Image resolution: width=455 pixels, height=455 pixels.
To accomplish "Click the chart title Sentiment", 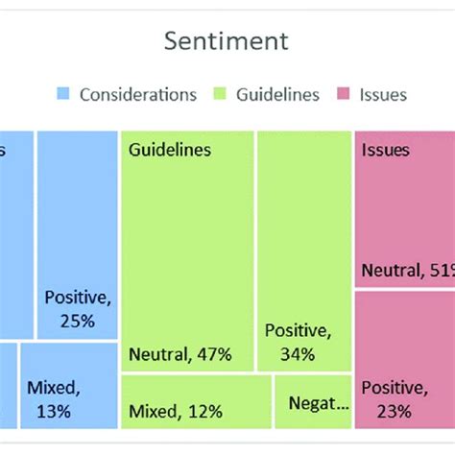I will (227, 41).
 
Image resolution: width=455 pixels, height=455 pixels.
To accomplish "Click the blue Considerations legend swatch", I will (63, 94).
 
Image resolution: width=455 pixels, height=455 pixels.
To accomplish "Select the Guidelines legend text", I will (279, 94).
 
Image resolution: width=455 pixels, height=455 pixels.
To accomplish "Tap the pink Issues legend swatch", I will (343, 94).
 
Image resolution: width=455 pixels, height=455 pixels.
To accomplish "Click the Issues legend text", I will (382, 94).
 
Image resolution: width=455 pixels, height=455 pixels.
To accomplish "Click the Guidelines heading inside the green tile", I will (170, 150).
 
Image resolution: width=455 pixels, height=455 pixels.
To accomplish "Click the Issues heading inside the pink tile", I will (385, 150).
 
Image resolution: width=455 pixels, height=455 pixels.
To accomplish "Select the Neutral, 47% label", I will (180, 354).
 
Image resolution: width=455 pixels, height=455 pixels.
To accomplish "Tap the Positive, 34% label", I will (298, 343).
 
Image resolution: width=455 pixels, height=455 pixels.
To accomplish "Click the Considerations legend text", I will (138, 94).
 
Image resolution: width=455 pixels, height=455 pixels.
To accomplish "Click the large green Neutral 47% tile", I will (187, 250).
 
